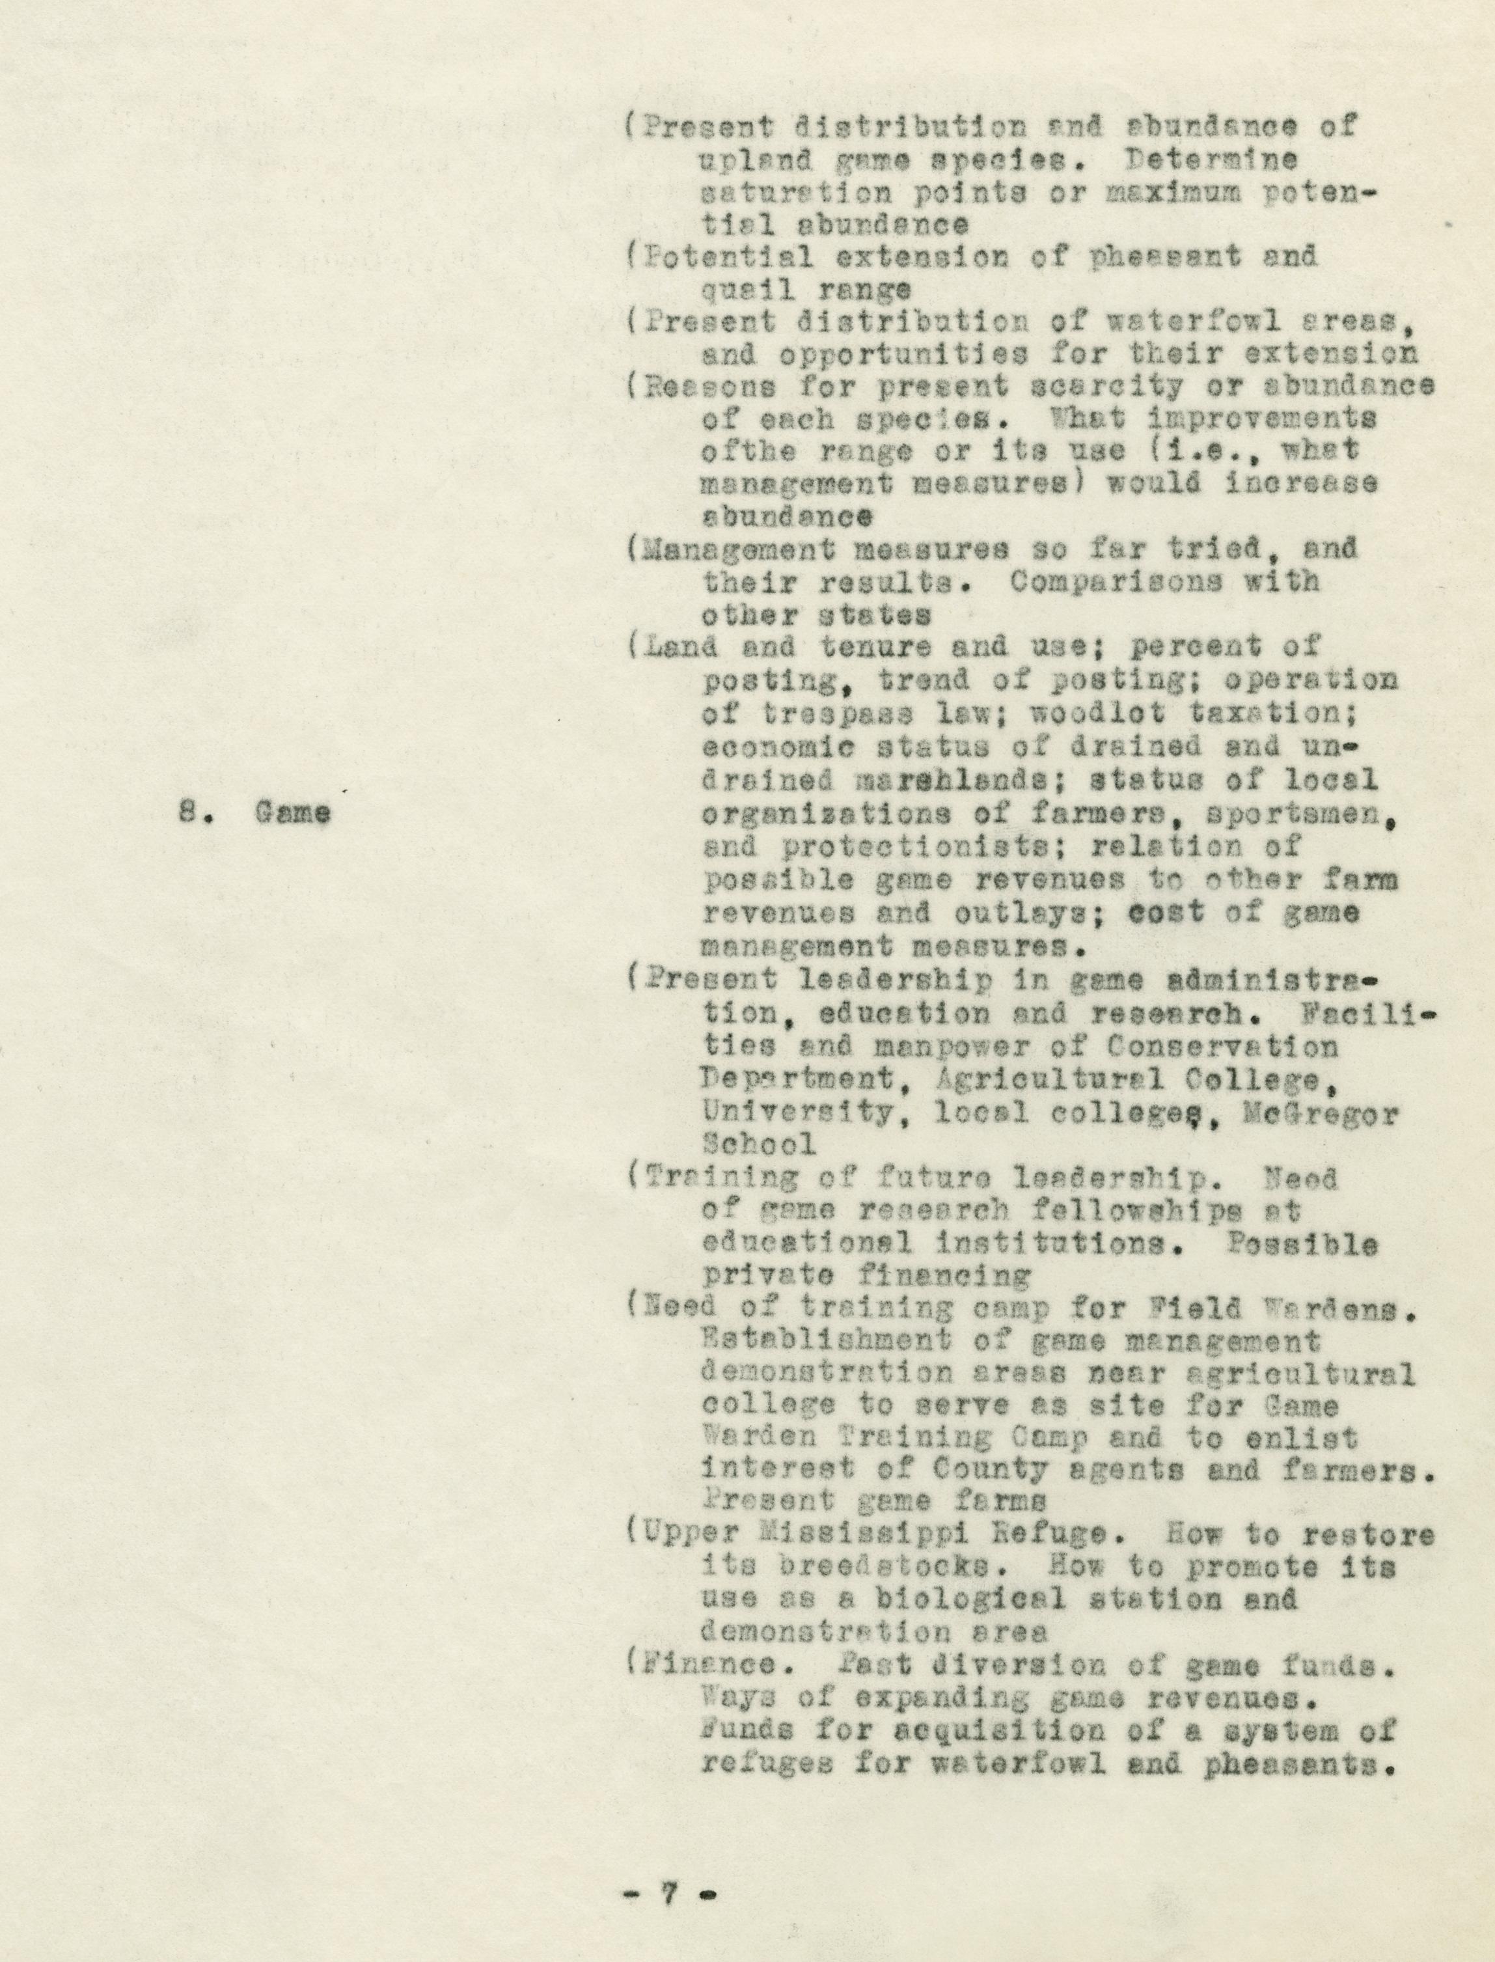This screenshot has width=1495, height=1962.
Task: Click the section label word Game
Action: (x=293, y=812)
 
